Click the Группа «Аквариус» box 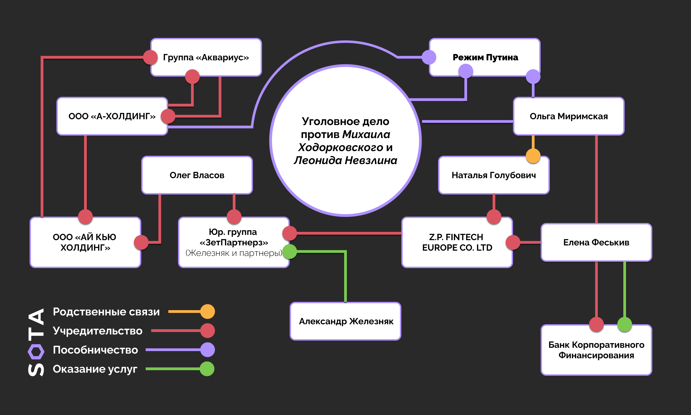tap(206, 57)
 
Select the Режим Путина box tap(485, 57)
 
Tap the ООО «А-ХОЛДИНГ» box tap(112, 116)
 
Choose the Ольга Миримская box tap(569, 116)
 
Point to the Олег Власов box tap(197, 175)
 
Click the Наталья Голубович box tap(494, 175)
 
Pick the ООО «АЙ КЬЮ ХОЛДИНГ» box tap(85, 242)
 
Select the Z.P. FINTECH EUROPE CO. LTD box tap(457, 242)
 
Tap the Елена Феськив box tap(596, 242)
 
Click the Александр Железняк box tap(345, 321)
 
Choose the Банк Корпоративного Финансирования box tap(596, 350)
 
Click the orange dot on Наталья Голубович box tap(533, 156)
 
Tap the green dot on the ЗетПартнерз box tap(290, 251)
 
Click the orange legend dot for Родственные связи tap(208, 312)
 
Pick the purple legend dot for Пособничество tap(208, 350)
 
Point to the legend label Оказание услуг tap(95, 369)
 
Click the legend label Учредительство tap(98, 331)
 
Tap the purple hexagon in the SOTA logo tap(36, 352)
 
